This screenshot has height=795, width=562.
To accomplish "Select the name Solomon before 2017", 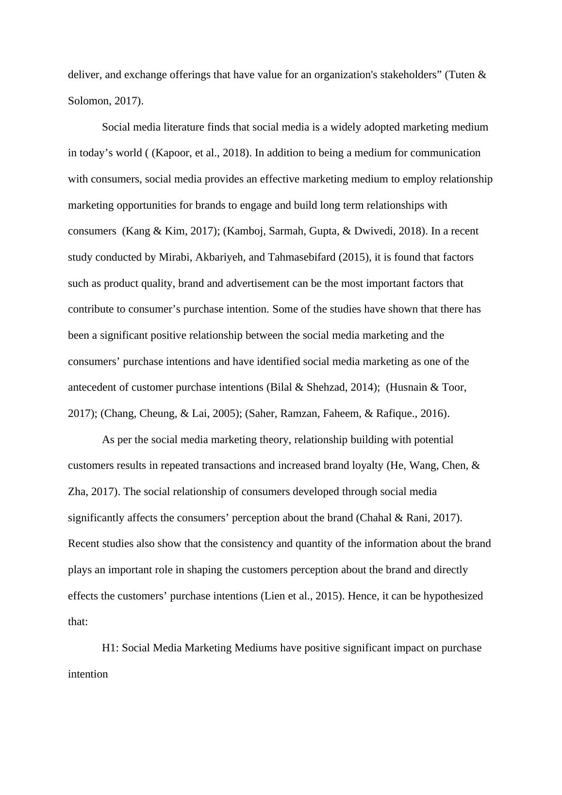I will coord(89,101).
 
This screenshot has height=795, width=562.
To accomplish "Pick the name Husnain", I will coord(408,387).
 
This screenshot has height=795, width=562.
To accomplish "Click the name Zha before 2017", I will coord(77,492).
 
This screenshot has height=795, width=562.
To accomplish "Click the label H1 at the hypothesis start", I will coord(110,648).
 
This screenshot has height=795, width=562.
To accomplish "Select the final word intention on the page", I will coord(88,674).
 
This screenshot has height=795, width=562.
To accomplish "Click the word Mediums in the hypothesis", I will coord(256,648).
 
